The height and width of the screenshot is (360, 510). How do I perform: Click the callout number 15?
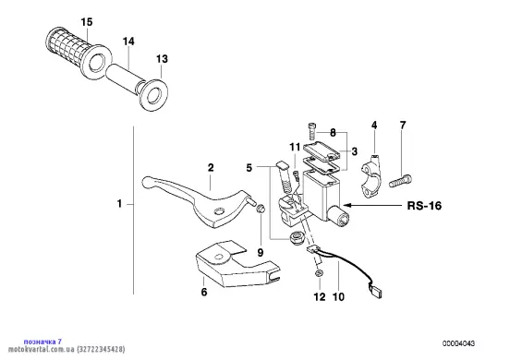point(87,22)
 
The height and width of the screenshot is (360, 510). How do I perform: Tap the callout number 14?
point(128,42)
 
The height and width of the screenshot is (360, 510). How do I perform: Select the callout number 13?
point(162,59)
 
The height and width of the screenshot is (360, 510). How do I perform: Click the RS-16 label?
point(424,206)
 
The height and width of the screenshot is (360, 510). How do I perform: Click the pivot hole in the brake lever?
point(218,211)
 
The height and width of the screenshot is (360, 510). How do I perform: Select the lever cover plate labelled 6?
point(235,263)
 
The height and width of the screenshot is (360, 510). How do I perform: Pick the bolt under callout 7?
point(400,180)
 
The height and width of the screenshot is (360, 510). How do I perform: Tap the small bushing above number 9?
point(261,209)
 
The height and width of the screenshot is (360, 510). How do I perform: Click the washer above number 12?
point(320,273)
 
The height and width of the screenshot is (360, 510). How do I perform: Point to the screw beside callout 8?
point(312,130)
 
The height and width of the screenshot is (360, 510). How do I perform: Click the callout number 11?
point(295,147)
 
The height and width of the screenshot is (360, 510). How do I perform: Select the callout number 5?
point(249,168)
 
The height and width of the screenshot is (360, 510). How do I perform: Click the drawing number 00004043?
point(458,343)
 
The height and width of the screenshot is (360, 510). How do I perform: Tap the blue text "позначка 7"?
point(42,342)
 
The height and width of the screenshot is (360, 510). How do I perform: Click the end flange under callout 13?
point(153,95)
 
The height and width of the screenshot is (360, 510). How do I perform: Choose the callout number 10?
point(338,296)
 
